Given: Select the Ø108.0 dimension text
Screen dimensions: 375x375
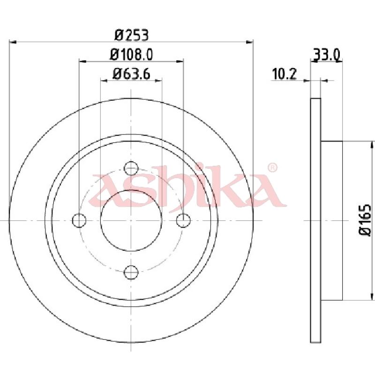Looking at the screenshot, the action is [x=131, y=54].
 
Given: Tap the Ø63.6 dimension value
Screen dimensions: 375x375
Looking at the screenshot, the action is [x=131, y=74].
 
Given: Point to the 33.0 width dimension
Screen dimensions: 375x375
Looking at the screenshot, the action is [x=326, y=55].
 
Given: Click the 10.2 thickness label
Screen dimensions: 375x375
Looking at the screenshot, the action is [x=284, y=74].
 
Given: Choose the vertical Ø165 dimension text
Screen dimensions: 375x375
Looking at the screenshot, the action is [x=365, y=219].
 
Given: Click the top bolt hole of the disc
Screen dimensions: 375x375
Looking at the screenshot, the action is [x=131, y=168].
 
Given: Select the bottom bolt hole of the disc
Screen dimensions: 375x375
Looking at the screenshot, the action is [x=131, y=272].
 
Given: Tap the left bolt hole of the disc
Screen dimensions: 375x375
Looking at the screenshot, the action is [x=79, y=220].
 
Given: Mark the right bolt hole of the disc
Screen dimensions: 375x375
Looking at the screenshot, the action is [x=183, y=220].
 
